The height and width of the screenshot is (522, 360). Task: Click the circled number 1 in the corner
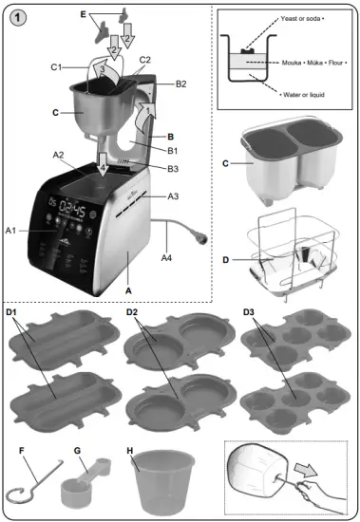coord(18,19)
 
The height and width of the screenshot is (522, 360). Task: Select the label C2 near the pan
coord(145,59)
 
